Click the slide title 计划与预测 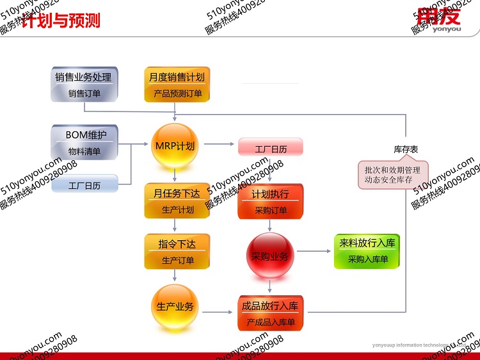coord(61,20)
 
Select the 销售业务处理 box coord(84,85)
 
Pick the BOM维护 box coord(84,143)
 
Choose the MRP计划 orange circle coord(175,145)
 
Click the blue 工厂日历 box coord(84,185)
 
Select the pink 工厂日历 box coord(270,149)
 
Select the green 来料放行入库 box coord(367,251)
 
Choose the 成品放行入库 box coord(270,313)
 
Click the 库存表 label coord(406,149)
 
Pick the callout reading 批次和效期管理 coord(392,175)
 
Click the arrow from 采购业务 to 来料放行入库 coord(314,251)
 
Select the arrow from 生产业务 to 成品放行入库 coord(217,312)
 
